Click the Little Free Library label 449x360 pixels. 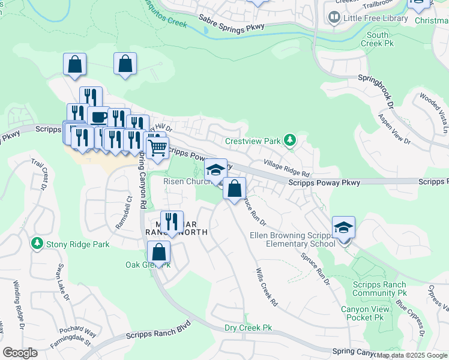pyautogui.click(x=375, y=18)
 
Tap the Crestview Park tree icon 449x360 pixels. pyautogui.click(x=291, y=141)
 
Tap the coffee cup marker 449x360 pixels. pyautogui.click(x=98, y=116)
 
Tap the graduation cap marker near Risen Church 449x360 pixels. pyautogui.click(x=215, y=170)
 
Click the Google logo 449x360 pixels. pyautogui.click(x=20, y=353)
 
